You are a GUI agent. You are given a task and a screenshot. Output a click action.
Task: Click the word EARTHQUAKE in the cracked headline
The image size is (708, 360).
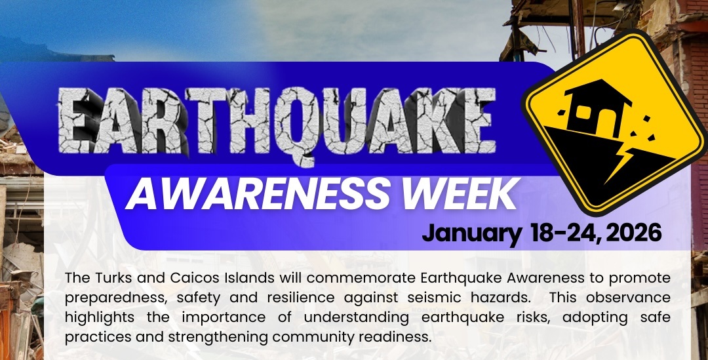pyautogui.click(x=277, y=122)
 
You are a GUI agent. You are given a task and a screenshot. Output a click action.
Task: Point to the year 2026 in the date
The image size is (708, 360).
pyautogui.click(x=634, y=233)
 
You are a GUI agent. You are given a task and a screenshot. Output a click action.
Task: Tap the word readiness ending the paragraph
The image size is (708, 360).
pyautogui.click(x=393, y=337)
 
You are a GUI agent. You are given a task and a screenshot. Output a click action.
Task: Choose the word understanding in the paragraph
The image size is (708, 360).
pyautogui.click(x=357, y=318)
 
